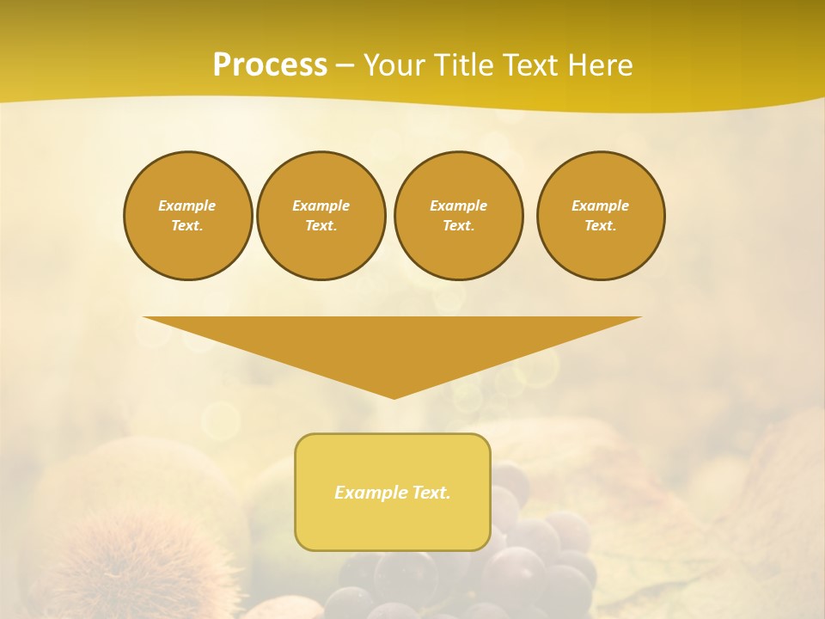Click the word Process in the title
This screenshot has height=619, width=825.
click(x=270, y=65)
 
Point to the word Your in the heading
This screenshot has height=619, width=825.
click(x=392, y=65)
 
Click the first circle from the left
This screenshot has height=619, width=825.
click(x=187, y=215)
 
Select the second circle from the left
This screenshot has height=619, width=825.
click(x=321, y=215)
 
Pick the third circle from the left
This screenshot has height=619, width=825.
click(x=458, y=215)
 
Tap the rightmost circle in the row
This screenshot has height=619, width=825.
click(x=600, y=215)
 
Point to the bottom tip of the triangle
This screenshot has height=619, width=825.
click(x=394, y=396)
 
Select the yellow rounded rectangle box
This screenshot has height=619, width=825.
click(x=393, y=492)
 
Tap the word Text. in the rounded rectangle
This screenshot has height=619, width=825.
click(x=431, y=493)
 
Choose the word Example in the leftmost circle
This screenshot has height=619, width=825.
click(x=187, y=205)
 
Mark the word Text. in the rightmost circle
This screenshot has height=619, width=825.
click(x=600, y=225)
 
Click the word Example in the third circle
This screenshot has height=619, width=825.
click(x=458, y=205)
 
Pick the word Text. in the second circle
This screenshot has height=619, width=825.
click(x=321, y=225)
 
